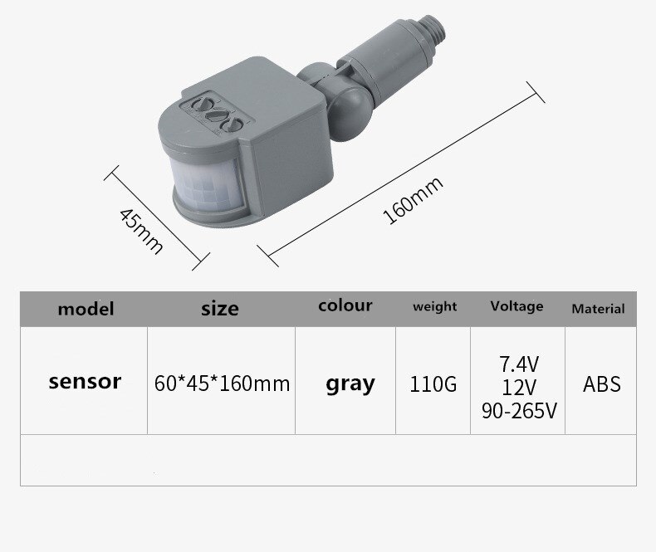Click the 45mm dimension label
(141, 231)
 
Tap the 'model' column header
(85, 309)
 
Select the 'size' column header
(219, 309)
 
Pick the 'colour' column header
(345, 305)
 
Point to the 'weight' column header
(434, 306)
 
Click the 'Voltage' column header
(516, 305)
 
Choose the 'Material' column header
(598, 308)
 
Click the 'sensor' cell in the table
(85, 382)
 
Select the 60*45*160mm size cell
(223, 383)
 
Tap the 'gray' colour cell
(350, 383)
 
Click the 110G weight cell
(433, 384)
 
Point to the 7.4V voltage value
(519, 363)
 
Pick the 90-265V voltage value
(519, 409)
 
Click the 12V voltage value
(519, 386)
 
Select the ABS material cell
(602, 384)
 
